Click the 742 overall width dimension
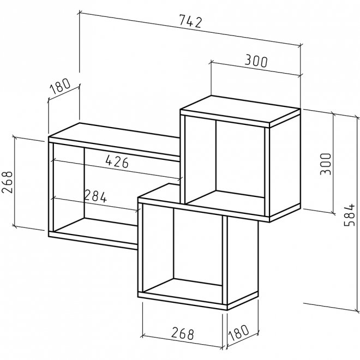tap(190, 21)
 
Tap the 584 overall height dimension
tap(350, 215)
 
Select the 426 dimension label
tap(117, 161)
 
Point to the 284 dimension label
tap(95, 196)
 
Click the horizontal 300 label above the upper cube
tap(256, 61)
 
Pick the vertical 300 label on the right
tap(326, 164)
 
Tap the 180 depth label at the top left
tap(60, 86)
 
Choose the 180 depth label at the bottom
tap(239, 332)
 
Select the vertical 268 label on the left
tap(7, 182)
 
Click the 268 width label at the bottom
tap(183, 334)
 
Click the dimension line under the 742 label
tap(190, 28)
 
